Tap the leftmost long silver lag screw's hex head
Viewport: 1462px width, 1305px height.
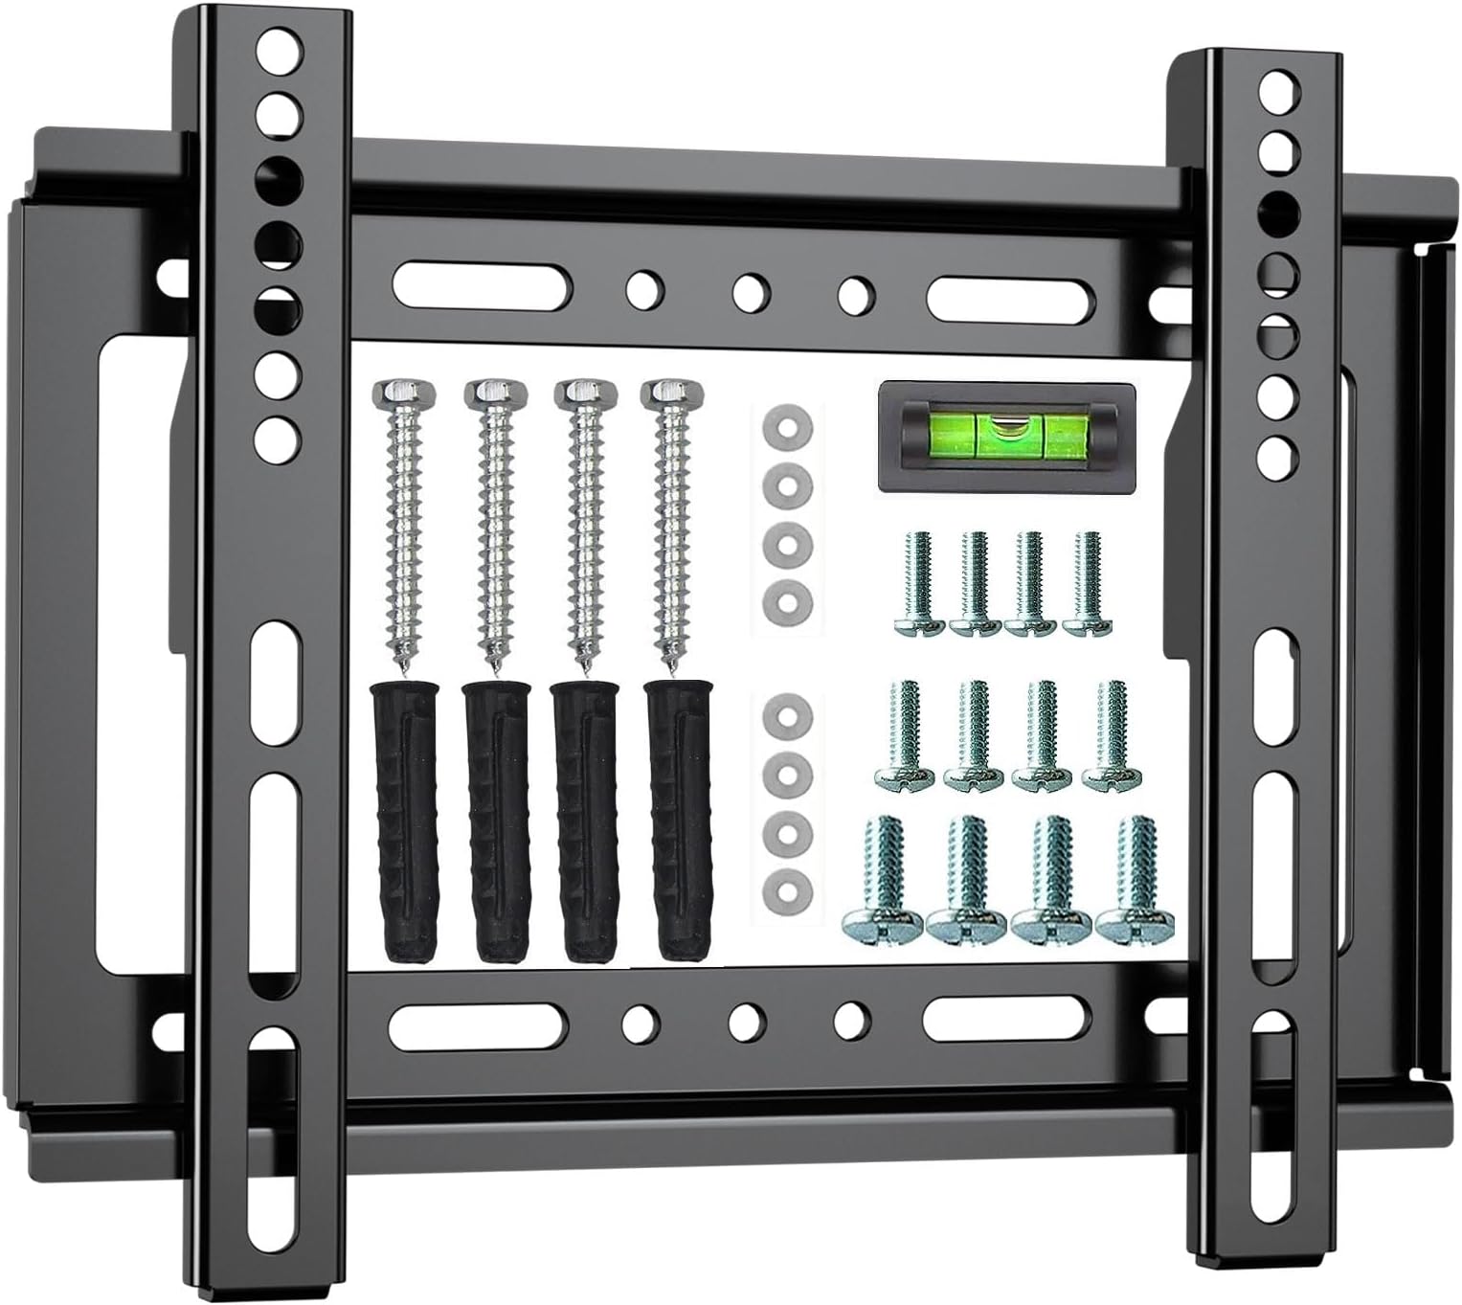[407, 393]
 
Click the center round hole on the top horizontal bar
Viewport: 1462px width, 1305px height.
[750, 289]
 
